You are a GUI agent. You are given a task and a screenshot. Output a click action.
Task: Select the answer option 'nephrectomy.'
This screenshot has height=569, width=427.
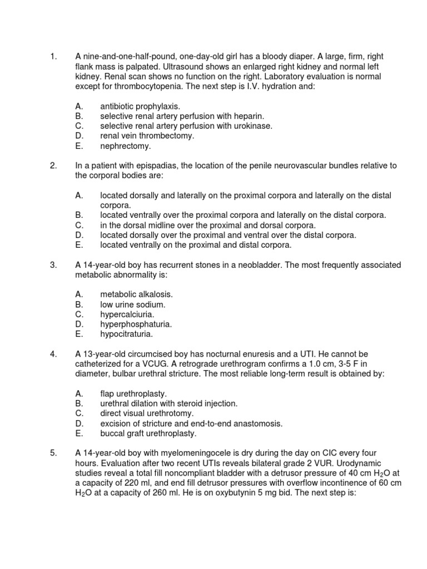125,146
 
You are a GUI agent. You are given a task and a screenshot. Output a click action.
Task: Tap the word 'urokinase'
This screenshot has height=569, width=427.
254,126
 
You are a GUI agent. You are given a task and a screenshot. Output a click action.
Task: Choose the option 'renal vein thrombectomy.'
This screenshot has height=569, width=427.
147,136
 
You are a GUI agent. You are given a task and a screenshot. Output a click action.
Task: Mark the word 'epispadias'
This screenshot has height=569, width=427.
150,166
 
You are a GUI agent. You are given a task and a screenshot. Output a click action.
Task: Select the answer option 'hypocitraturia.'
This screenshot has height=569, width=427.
126,335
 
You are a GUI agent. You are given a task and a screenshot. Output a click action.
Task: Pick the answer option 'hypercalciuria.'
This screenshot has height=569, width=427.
127,315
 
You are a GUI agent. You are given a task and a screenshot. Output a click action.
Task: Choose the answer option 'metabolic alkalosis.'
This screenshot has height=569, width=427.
136,295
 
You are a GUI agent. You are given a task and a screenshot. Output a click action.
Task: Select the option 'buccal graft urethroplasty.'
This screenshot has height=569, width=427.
148,433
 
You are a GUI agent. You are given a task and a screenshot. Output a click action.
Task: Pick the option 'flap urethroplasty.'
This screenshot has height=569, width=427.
133,393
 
